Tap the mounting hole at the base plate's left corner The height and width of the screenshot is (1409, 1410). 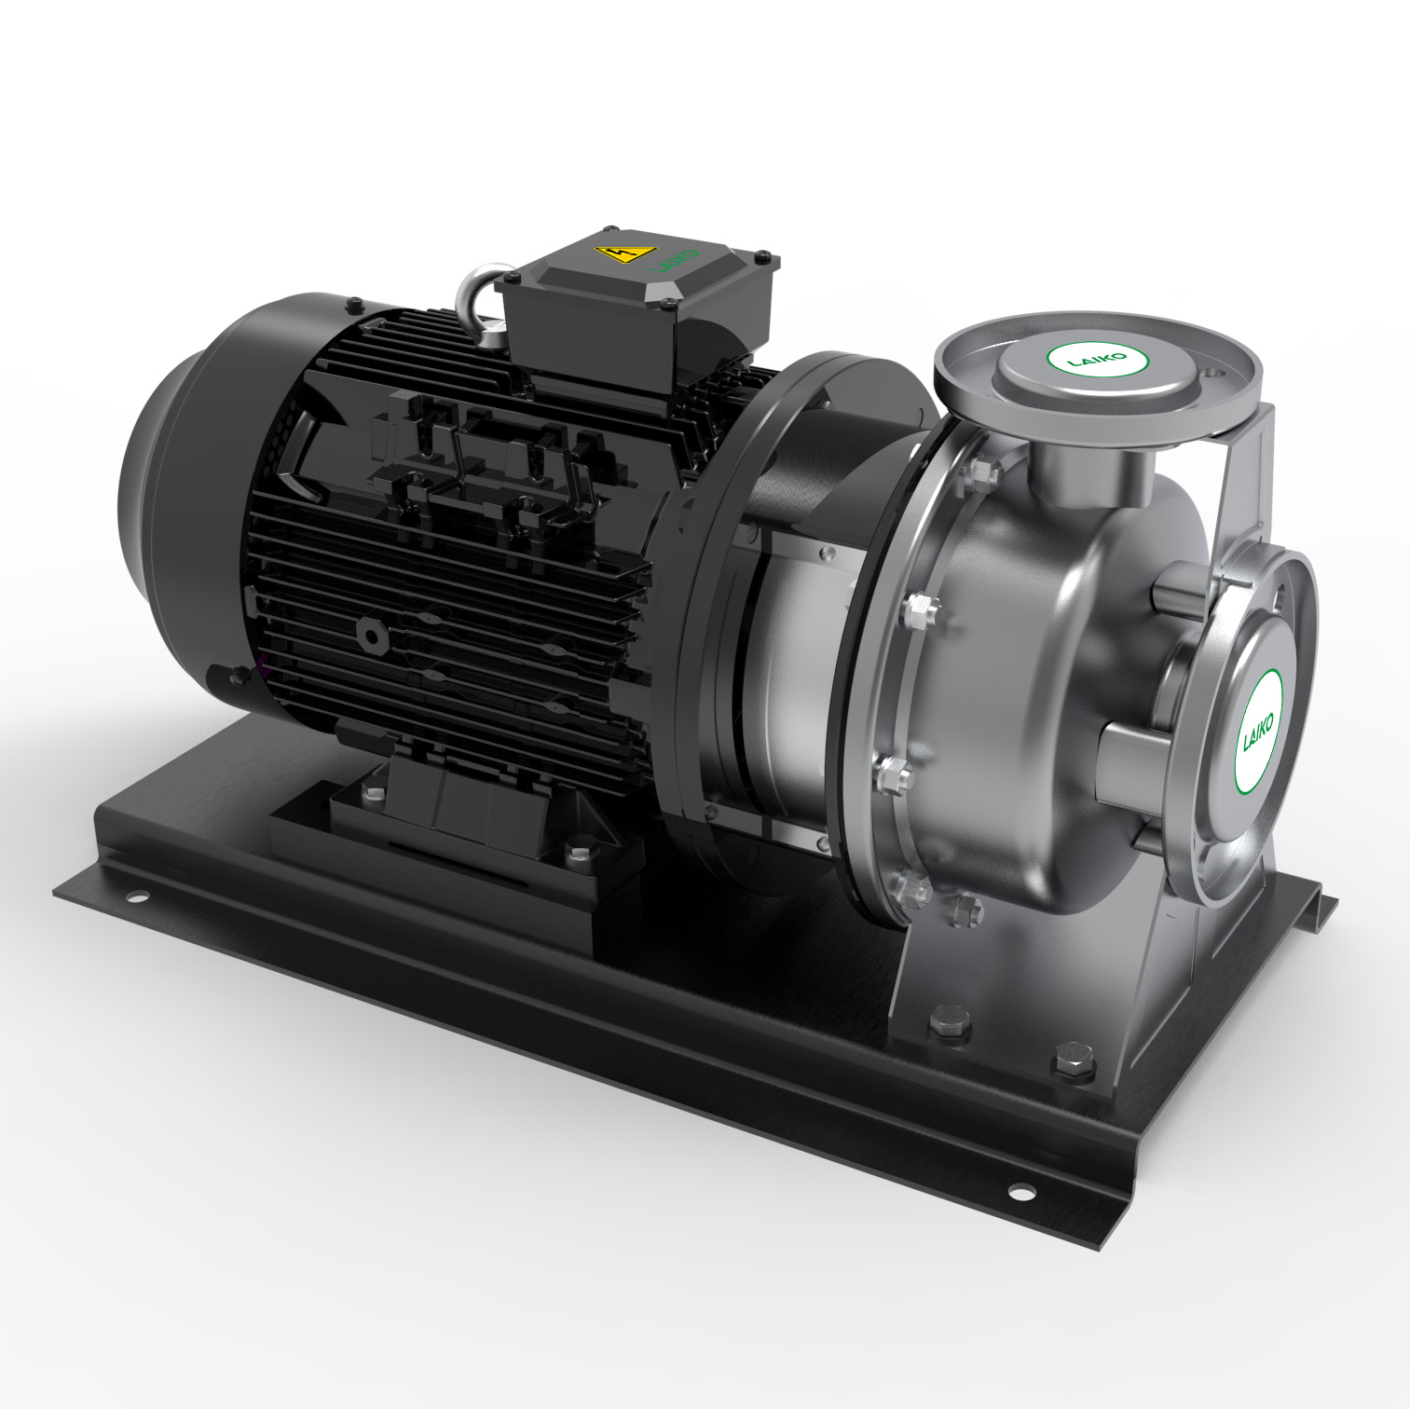138,898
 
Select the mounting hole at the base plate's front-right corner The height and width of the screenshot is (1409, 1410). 1021,1191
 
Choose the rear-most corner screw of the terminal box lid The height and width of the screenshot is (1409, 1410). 611,229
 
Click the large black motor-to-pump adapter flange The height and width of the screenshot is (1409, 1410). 708,596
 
